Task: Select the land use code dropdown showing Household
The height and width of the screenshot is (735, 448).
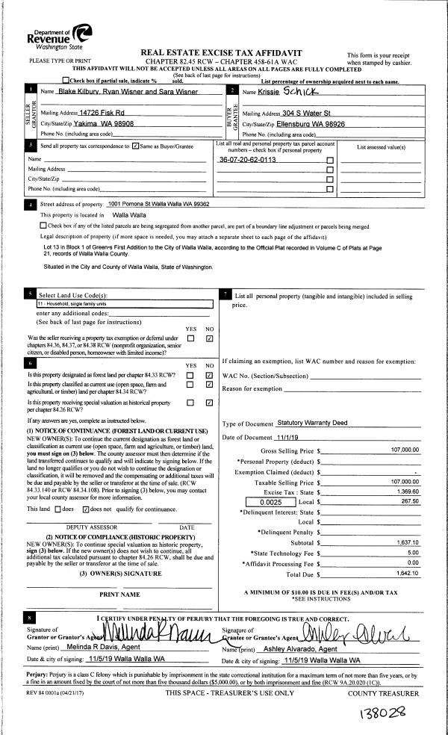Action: [x=123, y=305]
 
